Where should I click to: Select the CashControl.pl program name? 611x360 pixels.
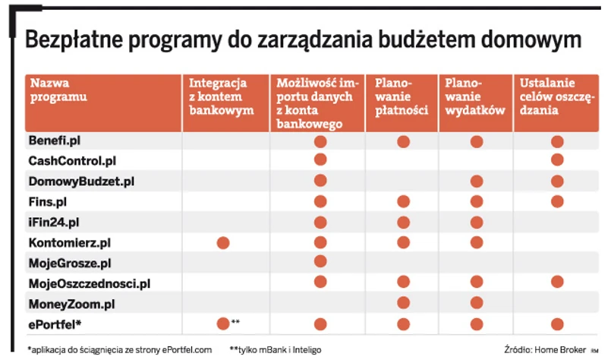point(71,161)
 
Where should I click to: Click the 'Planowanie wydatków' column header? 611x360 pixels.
point(475,96)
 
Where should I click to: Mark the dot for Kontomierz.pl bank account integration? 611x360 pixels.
point(223,243)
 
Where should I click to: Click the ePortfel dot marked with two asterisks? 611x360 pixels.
point(223,324)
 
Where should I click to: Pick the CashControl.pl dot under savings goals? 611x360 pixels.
point(557,160)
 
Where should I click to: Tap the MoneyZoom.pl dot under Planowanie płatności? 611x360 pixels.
point(403,304)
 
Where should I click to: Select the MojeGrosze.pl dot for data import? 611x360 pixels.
point(320,263)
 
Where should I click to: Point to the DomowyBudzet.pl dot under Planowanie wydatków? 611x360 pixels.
point(477,182)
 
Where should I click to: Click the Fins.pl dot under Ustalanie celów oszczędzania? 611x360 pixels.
point(557,201)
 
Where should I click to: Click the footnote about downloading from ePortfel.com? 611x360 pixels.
point(119,351)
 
